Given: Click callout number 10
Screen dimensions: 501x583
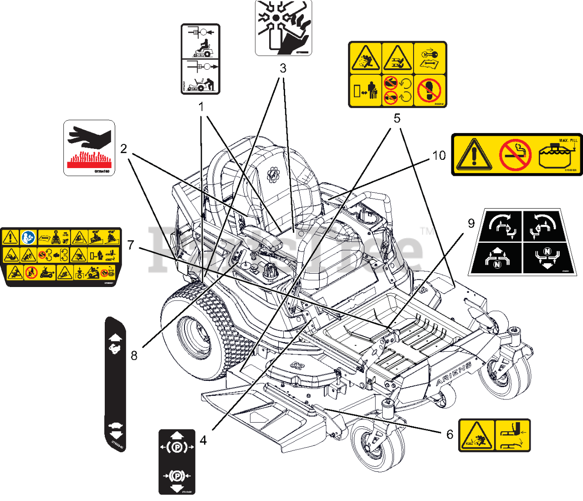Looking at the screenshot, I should [x=439, y=156].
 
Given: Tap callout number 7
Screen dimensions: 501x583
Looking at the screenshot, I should [x=131, y=245].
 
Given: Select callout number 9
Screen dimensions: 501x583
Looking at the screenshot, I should [x=471, y=223].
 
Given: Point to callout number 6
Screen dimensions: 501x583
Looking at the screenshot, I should [x=450, y=434].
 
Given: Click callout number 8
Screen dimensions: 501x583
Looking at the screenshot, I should [x=134, y=355].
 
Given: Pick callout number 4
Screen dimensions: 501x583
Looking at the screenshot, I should [x=203, y=440].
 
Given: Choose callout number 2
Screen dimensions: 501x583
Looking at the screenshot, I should [x=123, y=149].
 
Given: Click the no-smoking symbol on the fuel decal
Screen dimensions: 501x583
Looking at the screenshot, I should [x=515, y=155].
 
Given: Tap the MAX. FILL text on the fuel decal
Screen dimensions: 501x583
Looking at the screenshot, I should [x=568, y=140].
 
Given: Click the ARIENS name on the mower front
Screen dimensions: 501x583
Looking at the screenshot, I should [x=454, y=374].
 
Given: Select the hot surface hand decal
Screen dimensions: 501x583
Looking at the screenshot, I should [x=89, y=148].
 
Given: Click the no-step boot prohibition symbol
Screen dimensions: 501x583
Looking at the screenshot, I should [x=429, y=91].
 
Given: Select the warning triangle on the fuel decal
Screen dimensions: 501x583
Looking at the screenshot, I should [x=474, y=155].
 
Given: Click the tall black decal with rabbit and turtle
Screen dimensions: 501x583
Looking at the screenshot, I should [x=115, y=383].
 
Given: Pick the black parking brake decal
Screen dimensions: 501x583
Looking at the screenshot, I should [x=177, y=461].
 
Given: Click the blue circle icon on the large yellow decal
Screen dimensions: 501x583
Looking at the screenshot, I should [x=28, y=237].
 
